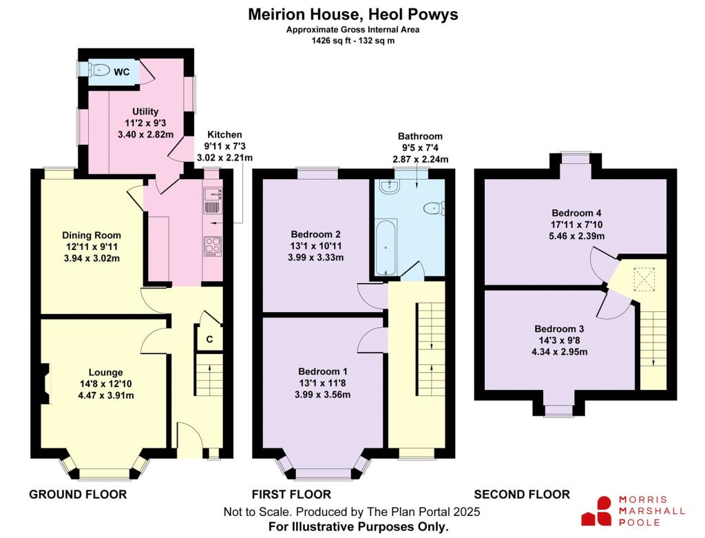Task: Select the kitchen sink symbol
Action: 211,199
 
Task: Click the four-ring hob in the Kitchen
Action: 211,246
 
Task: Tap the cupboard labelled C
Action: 209,338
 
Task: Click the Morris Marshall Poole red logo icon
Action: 596,510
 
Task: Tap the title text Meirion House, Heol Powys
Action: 352,14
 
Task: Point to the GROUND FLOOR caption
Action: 78,494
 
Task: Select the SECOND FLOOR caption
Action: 522,494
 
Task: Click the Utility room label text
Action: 145,112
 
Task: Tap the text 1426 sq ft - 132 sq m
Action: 352,41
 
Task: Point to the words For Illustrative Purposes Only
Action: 358,526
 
